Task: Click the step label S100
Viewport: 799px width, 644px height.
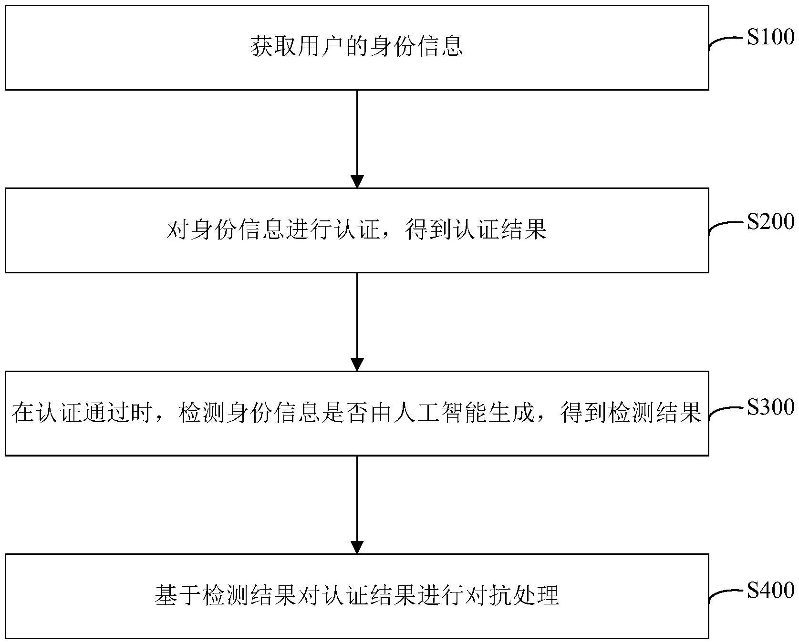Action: (x=770, y=37)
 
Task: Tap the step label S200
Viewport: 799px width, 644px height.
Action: (x=770, y=221)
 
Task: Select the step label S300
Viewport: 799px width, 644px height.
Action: (x=770, y=406)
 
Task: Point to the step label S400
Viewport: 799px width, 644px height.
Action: (x=770, y=590)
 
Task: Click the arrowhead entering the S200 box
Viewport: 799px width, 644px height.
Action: (x=357, y=181)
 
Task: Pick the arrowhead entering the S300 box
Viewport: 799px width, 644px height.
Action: (x=357, y=364)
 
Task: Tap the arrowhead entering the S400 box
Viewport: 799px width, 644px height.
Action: (x=357, y=547)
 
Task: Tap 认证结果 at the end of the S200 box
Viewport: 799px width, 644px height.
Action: (x=499, y=230)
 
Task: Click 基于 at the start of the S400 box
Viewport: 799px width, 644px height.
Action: (x=178, y=596)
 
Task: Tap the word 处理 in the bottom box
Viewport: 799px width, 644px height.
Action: (x=535, y=596)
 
